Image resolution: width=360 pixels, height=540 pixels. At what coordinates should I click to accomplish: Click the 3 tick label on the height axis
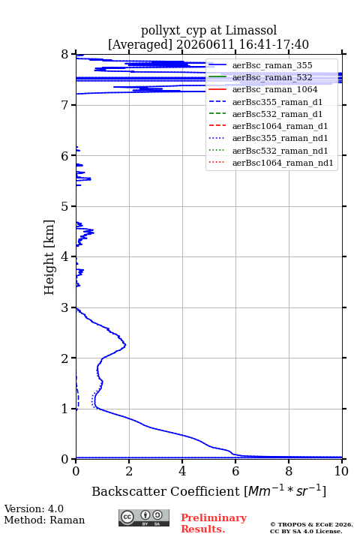pyautogui.click(x=64, y=307)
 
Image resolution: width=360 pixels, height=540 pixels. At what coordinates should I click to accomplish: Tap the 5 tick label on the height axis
pyautogui.click(x=64, y=206)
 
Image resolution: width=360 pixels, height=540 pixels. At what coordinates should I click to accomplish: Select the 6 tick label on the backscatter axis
pyautogui.click(x=235, y=471)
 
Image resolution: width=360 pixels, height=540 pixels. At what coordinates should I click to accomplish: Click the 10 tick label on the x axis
pyautogui.click(x=341, y=471)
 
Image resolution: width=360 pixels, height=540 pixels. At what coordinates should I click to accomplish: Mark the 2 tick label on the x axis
pyautogui.click(x=129, y=471)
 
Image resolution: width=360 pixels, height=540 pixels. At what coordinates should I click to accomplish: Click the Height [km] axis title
pyautogui.click(x=49, y=257)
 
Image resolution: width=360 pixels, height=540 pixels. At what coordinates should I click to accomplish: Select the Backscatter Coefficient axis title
pyautogui.click(x=208, y=490)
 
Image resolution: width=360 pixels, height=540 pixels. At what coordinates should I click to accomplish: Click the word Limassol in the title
pyautogui.click(x=251, y=30)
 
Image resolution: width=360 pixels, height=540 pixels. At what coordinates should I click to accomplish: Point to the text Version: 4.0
pyautogui.click(x=34, y=508)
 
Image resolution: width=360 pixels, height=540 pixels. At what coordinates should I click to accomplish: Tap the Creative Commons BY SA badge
pyautogui.click(x=144, y=517)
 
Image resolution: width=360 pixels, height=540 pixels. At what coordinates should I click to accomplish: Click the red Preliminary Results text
pyautogui.click(x=214, y=523)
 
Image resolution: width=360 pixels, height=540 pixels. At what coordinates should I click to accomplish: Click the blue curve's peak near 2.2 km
pyautogui.click(x=125, y=344)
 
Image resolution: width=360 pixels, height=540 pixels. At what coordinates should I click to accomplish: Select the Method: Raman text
pyautogui.click(x=44, y=520)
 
